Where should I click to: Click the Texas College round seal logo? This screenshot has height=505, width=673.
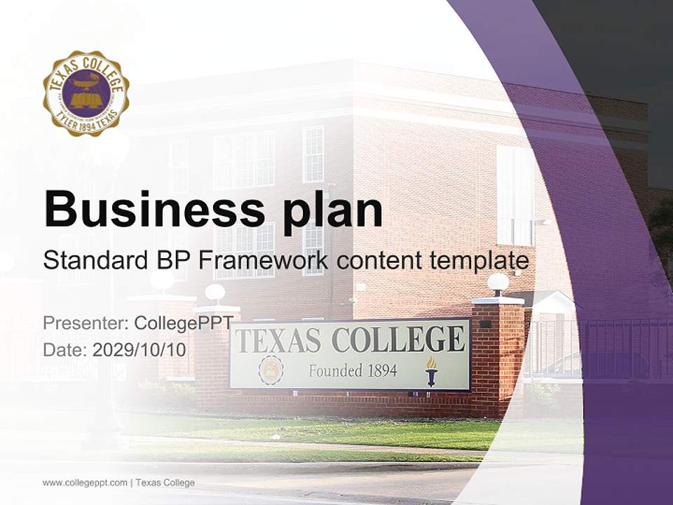[x=86, y=93]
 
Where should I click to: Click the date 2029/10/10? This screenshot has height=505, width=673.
[x=140, y=349]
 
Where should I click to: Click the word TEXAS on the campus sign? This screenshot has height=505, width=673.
[x=278, y=341]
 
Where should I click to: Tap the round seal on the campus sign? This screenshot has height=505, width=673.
[x=271, y=370]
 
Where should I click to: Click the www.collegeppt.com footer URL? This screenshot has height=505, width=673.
[x=85, y=483]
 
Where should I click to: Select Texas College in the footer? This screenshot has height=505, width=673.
[x=165, y=483]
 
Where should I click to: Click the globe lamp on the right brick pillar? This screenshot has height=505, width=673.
[x=498, y=283]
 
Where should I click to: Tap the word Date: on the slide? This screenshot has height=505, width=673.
[x=65, y=349]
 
